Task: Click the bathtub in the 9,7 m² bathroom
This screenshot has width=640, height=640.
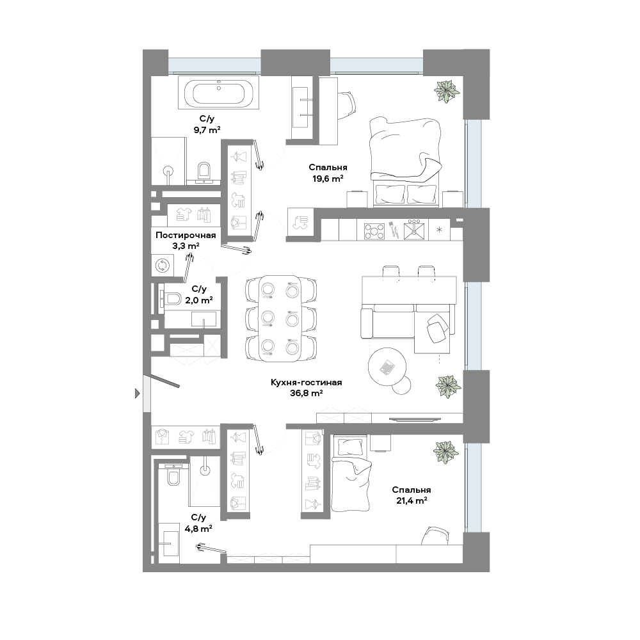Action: [x=218, y=93]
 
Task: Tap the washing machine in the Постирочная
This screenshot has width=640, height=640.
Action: [x=162, y=266]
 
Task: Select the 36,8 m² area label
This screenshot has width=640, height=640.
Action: [x=306, y=394]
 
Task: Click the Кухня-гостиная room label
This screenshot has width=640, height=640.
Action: [x=306, y=383]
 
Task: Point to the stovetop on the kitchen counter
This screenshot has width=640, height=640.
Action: [x=374, y=230]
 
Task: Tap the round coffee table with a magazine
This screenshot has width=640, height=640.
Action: [x=387, y=367]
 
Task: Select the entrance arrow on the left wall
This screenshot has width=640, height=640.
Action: [x=138, y=394]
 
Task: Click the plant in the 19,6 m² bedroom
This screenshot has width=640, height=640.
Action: [x=447, y=92]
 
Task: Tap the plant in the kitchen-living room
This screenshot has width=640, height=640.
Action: [x=448, y=387]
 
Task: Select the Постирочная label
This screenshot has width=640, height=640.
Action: [x=186, y=235]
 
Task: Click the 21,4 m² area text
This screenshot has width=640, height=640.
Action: [x=412, y=501]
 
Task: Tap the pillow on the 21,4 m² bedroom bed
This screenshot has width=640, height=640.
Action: [x=350, y=447]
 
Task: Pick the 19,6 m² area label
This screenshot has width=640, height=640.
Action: [x=328, y=179]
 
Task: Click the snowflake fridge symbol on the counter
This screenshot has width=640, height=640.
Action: [x=439, y=230]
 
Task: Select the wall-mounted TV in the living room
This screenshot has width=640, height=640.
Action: [x=415, y=419]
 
